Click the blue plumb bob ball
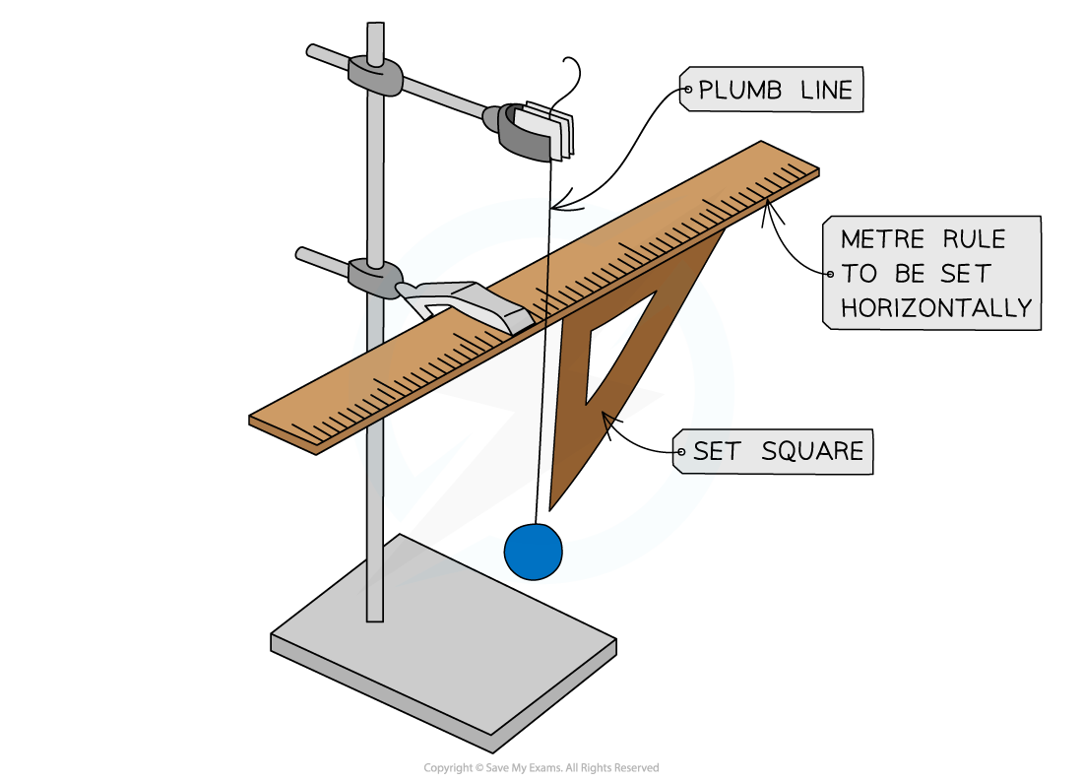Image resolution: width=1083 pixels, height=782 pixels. click(533, 553)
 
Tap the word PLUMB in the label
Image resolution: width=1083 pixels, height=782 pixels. click(738, 92)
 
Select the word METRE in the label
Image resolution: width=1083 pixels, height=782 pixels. click(881, 239)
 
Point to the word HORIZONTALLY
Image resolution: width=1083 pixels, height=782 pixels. click(935, 307)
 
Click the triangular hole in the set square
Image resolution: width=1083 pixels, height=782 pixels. click(615, 345)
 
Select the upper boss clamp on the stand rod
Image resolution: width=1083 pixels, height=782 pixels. click(375, 76)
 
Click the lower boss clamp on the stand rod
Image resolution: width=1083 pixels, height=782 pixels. click(375, 277)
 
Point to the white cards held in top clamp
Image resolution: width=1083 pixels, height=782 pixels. click(549, 129)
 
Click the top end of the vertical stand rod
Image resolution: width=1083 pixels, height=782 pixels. click(375, 30)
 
